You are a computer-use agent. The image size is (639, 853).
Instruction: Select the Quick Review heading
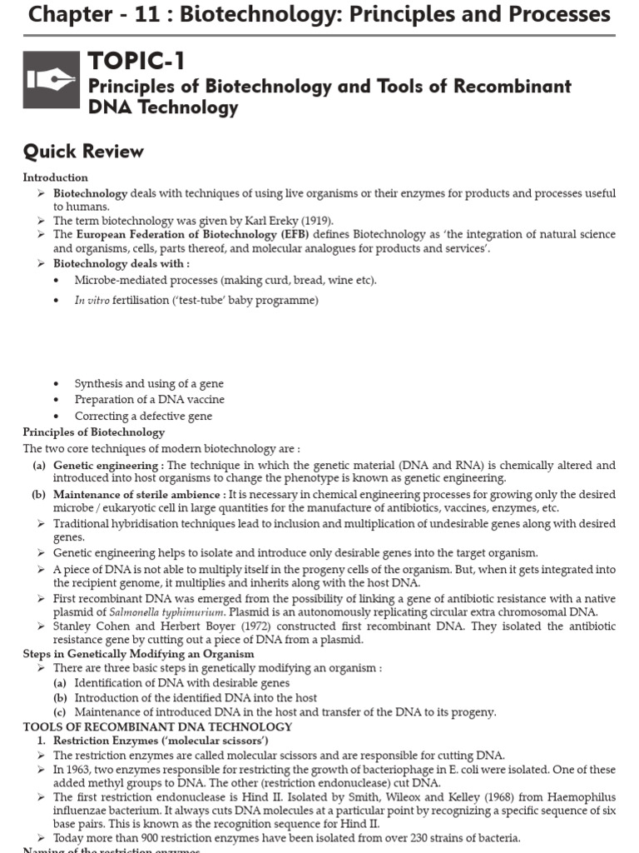83,152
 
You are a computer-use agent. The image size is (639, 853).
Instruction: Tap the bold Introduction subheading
55,177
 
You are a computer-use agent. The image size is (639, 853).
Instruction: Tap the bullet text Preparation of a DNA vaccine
149,400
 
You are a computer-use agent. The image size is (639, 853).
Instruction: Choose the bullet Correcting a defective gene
143,416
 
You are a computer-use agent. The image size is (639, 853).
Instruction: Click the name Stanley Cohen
88,626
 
